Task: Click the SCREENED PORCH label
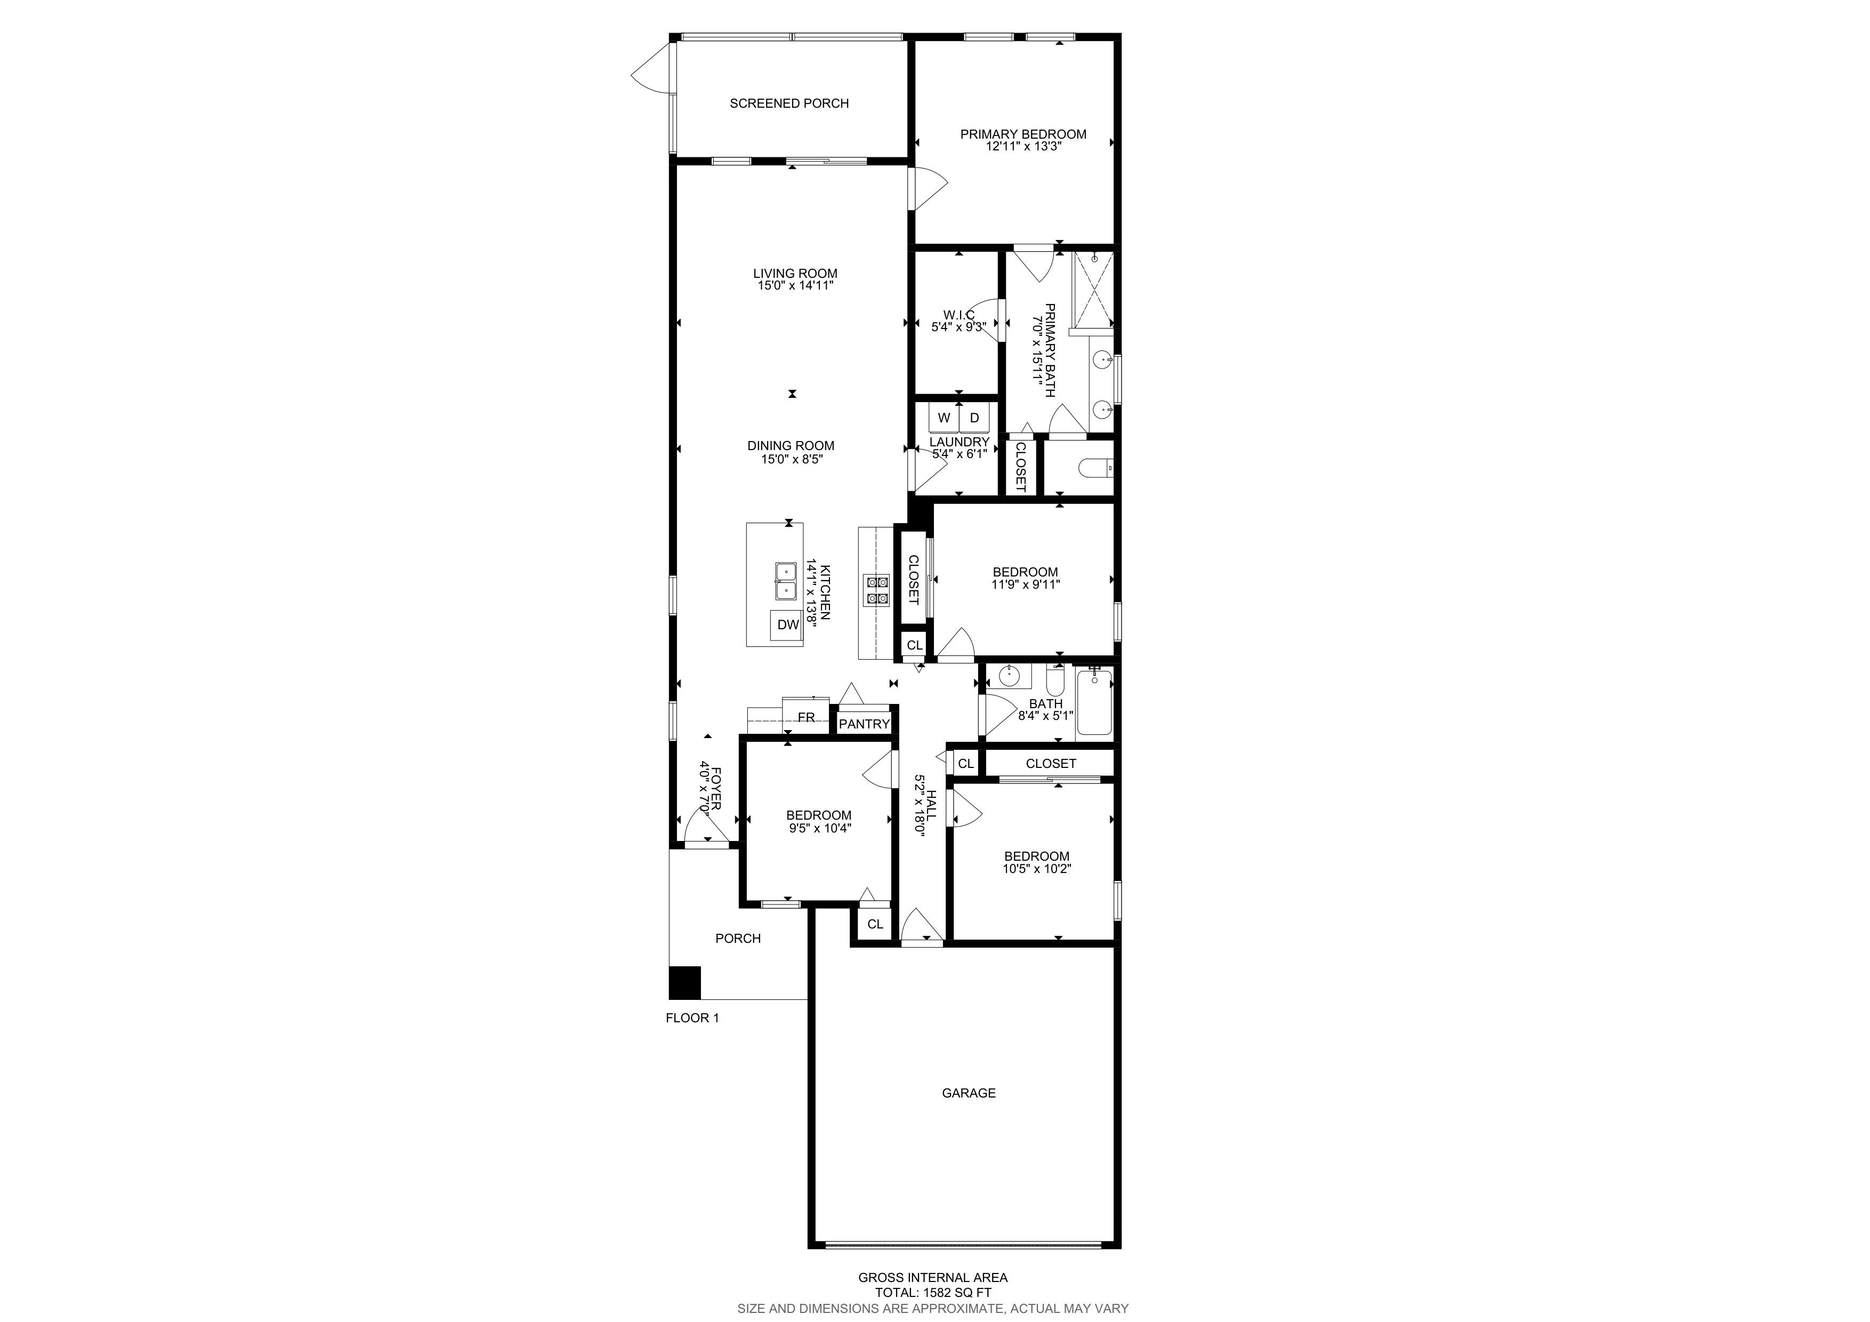click(788, 103)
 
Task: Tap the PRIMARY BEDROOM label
click(1023, 134)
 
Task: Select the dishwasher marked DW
click(787, 625)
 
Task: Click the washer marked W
click(944, 418)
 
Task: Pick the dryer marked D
click(974, 418)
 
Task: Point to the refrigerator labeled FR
click(807, 716)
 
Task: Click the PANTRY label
click(864, 724)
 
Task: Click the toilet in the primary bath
click(1095, 468)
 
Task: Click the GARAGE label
click(969, 1093)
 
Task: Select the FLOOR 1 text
click(692, 1017)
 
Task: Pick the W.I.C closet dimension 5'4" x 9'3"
click(958, 327)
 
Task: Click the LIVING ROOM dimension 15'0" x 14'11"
click(795, 286)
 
